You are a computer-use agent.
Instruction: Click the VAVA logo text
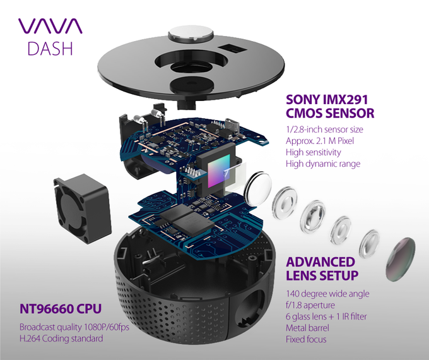point(50,26)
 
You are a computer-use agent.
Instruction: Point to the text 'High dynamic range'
point(322,164)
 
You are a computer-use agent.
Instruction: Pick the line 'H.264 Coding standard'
point(62,339)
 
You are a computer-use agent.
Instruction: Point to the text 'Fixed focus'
point(306,339)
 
